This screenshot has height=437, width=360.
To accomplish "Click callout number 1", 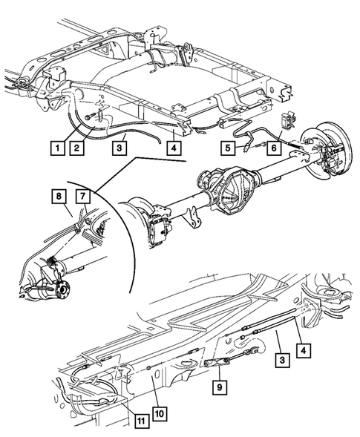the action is pos(57,148).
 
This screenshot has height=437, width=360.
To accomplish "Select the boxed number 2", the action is pos(76,148).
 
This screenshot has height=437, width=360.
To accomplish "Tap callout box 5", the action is pos(228,148).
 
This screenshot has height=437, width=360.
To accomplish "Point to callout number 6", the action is pos(274,148).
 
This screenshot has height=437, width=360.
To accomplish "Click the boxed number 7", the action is pos(83,196).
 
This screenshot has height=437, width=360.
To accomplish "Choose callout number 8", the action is pos(59,196).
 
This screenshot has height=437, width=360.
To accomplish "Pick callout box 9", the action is pos(220,387).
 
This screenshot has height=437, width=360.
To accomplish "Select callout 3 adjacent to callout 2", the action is pos(120,148).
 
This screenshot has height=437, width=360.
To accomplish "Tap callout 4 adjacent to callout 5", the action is pos(174,148).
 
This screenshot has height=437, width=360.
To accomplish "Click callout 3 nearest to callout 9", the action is pos(282,360).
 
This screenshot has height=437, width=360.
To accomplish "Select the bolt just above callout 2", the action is pos(90,116).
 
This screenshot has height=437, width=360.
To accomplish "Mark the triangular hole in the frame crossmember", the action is pos(105,51).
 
